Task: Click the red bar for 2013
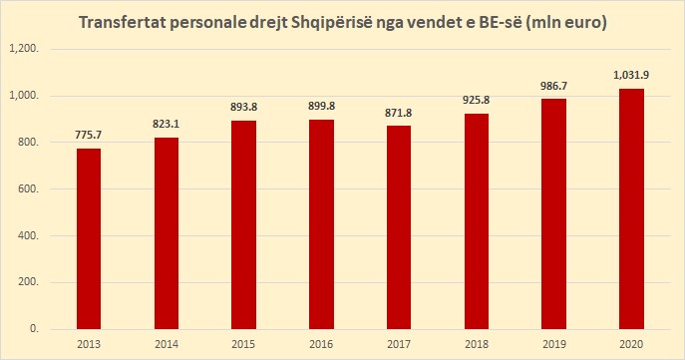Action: [x=89, y=239]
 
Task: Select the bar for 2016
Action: [x=321, y=224]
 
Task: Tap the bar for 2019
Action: [x=554, y=214]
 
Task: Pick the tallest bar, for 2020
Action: [x=631, y=208]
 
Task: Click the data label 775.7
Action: [x=89, y=135]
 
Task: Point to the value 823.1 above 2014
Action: [x=166, y=124]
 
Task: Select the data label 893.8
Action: [x=243, y=107]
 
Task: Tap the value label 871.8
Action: [x=399, y=113]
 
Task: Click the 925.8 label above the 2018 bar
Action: [x=477, y=100]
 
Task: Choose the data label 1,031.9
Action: [x=631, y=75]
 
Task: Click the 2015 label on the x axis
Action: [x=243, y=344]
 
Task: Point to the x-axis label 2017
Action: [x=399, y=344]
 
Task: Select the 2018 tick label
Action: [x=477, y=344]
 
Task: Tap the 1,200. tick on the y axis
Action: [x=24, y=49]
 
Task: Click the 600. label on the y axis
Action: [x=28, y=189]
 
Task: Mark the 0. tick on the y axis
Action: [x=35, y=329]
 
